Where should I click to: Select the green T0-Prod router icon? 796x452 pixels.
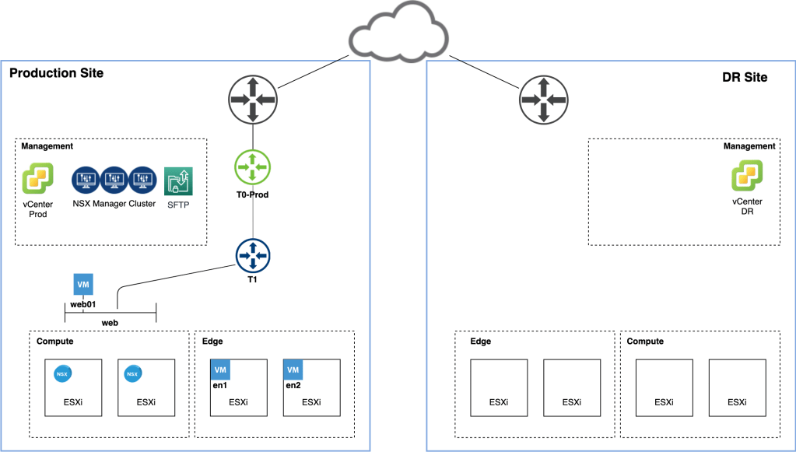tap(253, 167)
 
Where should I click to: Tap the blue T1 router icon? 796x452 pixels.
tap(253, 256)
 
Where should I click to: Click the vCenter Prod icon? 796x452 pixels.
tap(37, 179)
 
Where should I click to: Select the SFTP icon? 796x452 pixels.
tap(178, 180)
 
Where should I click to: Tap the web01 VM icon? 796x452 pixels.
tap(83, 284)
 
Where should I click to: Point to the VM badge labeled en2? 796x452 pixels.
tap(293, 370)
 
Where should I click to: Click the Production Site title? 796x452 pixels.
tap(56, 73)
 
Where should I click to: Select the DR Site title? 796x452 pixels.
tap(745, 77)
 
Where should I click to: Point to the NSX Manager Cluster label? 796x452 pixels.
tap(115, 203)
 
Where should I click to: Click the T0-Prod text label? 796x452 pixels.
tap(253, 194)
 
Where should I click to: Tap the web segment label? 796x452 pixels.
tap(110, 321)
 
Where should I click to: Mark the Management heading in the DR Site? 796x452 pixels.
tap(749, 145)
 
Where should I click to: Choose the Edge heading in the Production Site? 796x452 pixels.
tap(212, 341)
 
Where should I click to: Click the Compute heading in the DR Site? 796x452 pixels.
tap(645, 341)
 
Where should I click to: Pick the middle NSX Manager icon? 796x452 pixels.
tap(114, 179)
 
